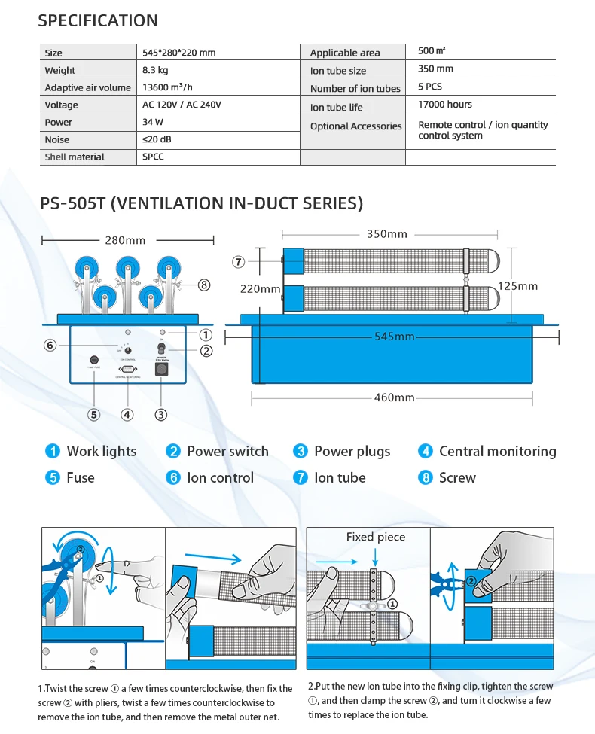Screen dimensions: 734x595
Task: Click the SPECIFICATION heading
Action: (x=98, y=20)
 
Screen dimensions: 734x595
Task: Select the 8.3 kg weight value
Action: (x=155, y=70)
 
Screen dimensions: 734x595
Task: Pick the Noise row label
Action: (x=57, y=139)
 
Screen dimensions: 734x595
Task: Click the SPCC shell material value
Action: (x=153, y=157)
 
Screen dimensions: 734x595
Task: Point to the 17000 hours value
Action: (x=445, y=104)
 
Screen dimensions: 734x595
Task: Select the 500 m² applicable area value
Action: (x=432, y=51)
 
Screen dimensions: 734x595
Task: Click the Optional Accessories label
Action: (x=355, y=126)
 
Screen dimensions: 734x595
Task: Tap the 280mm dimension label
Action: (x=125, y=240)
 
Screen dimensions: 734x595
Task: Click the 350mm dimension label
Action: (x=387, y=234)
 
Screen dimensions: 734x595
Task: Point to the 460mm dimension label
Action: (x=395, y=397)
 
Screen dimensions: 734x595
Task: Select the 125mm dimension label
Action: (x=517, y=286)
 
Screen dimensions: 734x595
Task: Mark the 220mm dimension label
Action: (x=261, y=288)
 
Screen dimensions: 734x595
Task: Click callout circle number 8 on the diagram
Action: (x=204, y=285)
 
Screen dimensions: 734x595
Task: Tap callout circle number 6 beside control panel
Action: (x=50, y=345)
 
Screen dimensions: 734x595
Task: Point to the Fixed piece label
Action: (x=375, y=537)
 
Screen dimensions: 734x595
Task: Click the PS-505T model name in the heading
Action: (x=74, y=203)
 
